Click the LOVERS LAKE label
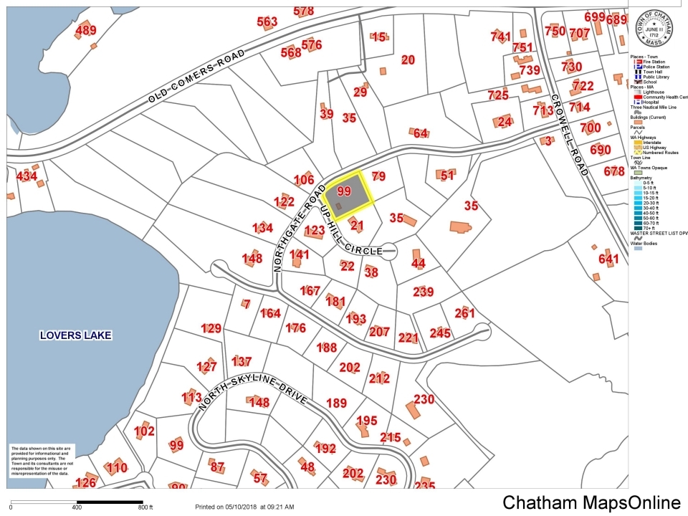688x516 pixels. pos(77,335)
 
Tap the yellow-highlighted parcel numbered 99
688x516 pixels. pos(345,192)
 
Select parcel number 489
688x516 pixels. pos(85,30)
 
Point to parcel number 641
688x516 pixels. pos(608,259)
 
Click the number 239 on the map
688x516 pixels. pos(424,292)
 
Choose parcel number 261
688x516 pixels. pos(464,313)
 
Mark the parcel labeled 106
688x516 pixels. pos(304,179)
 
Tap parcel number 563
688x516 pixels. pos(267,22)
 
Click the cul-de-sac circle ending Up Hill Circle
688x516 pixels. pos(389,250)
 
